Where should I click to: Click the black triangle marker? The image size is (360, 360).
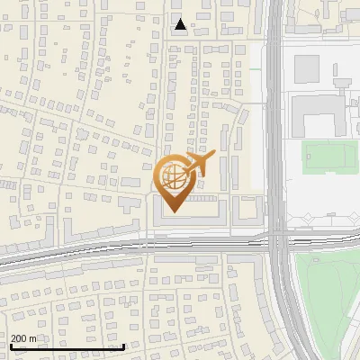point(181,24)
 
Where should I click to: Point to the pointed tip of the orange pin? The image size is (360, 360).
point(173,212)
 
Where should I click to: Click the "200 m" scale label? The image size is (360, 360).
point(24,338)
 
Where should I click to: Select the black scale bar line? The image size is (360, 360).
point(67,346)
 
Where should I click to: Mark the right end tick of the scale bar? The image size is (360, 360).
point(123,345)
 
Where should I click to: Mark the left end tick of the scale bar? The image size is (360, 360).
point(10,345)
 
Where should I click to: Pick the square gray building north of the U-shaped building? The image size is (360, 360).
point(308,67)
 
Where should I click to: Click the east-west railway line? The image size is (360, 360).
point(135,245)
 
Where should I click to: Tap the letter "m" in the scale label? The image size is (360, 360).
point(32,338)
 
